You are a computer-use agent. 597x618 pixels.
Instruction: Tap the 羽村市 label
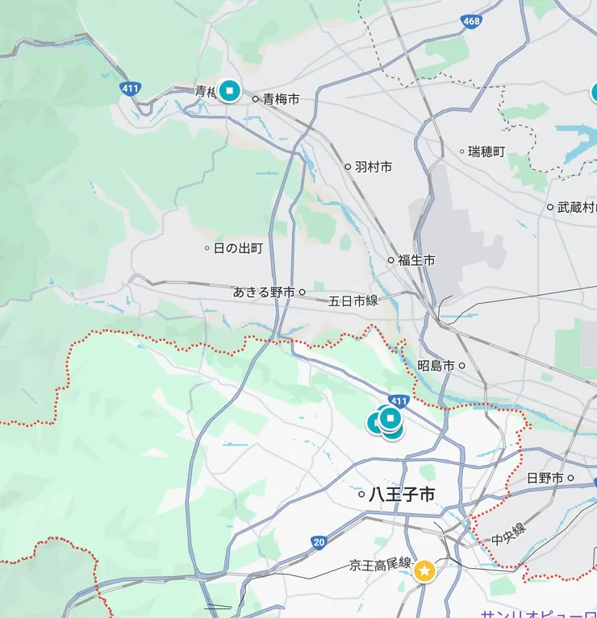click(374, 167)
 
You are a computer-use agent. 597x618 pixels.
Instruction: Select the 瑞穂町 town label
click(487, 151)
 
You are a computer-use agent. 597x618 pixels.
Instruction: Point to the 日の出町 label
click(238, 248)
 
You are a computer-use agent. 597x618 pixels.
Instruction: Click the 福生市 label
click(416, 260)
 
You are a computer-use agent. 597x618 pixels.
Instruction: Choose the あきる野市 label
click(264, 292)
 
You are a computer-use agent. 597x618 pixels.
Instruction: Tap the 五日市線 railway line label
click(353, 301)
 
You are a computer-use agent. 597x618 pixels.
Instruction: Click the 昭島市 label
click(436, 366)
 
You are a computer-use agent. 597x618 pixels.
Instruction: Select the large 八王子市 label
click(402, 495)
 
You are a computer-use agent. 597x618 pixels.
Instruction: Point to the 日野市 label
click(545, 478)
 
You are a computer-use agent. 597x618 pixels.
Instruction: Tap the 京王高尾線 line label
click(381, 564)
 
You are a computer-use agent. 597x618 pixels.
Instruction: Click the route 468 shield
click(471, 22)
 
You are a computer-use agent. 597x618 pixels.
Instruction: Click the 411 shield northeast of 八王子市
click(399, 400)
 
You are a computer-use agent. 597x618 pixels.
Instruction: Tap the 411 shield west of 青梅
click(129, 89)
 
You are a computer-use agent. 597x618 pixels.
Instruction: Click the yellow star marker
click(424, 571)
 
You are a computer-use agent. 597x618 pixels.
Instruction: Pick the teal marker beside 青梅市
click(230, 90)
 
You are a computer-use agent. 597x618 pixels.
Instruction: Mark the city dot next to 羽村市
click(349, 167)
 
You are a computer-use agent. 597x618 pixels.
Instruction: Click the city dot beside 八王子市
click(361, 495)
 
